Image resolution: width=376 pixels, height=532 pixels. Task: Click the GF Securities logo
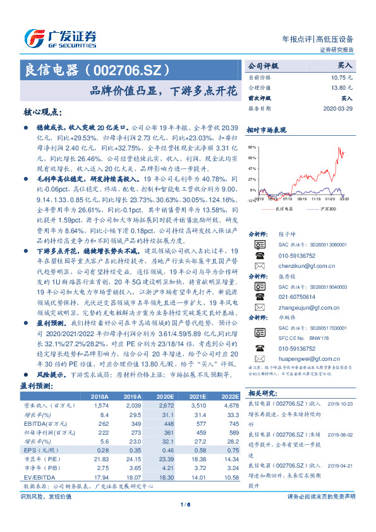click(61, 36)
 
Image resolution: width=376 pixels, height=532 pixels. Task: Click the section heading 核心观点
click(42, 112)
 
